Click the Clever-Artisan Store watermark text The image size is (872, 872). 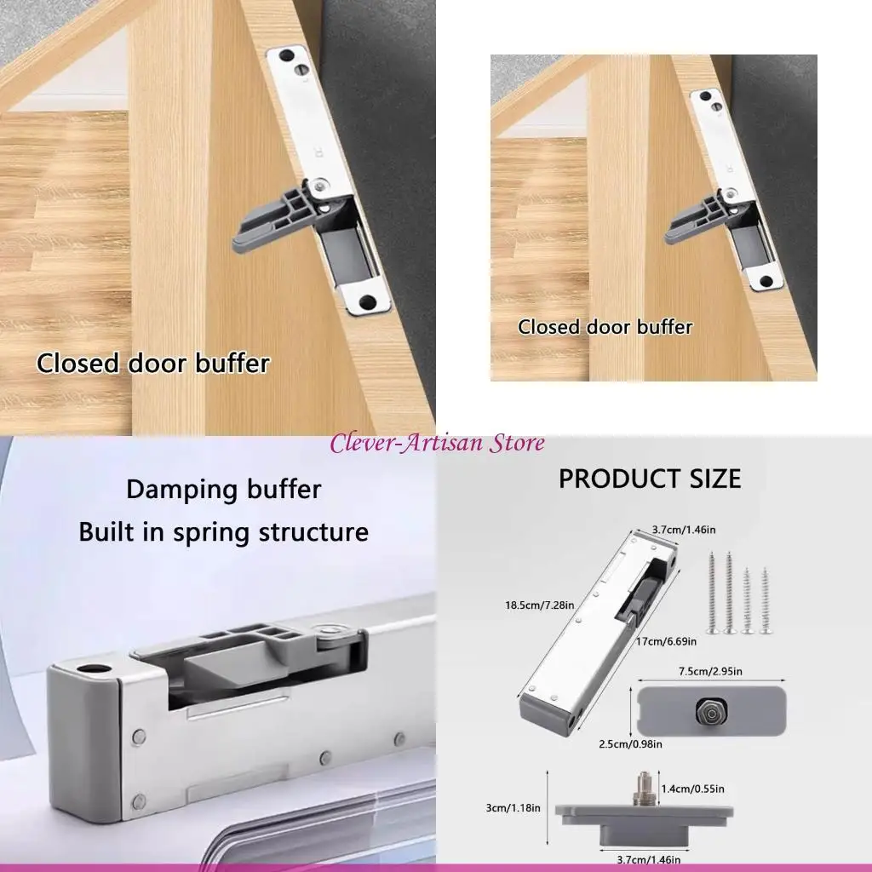437,443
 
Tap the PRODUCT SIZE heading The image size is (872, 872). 650,479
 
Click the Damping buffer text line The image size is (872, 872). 224,490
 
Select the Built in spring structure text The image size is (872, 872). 224,532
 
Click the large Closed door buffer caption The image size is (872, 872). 152,364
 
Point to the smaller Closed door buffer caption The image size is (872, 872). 605,327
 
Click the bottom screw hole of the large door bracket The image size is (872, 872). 367,301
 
